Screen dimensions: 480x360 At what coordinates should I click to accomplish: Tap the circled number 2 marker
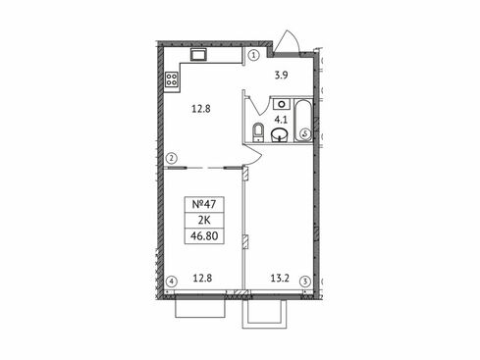click(172, 159)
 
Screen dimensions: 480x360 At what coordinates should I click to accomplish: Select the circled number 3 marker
click(305, 282)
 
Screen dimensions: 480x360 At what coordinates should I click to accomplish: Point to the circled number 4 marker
click(172, 282)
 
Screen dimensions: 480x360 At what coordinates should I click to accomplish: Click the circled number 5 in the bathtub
click(305, 133)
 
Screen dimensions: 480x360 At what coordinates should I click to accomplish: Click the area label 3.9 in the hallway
click(281, 76)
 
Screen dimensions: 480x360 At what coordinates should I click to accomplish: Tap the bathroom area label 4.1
click(281, 120)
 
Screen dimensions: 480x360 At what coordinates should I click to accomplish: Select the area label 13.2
click(280, 279)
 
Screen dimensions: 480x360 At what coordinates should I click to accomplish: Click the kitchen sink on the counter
click(198, 54)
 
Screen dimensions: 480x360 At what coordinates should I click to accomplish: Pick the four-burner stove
click(172, 79)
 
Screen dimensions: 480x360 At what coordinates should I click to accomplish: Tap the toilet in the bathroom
click(258, 132)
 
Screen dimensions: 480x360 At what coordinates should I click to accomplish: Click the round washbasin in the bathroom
click(280, 134)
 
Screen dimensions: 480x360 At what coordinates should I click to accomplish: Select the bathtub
click(304, 121)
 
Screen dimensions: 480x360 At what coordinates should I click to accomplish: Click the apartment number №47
click(204, 204)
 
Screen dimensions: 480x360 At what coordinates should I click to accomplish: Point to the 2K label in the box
click(204, 220)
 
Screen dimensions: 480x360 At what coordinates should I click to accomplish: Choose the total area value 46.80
click(204, 235)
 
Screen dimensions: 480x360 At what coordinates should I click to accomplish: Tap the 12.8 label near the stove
click(201, 109)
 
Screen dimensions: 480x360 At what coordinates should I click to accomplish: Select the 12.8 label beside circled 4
click(202, 279)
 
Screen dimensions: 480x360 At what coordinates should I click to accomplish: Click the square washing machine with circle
click(282, 104)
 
